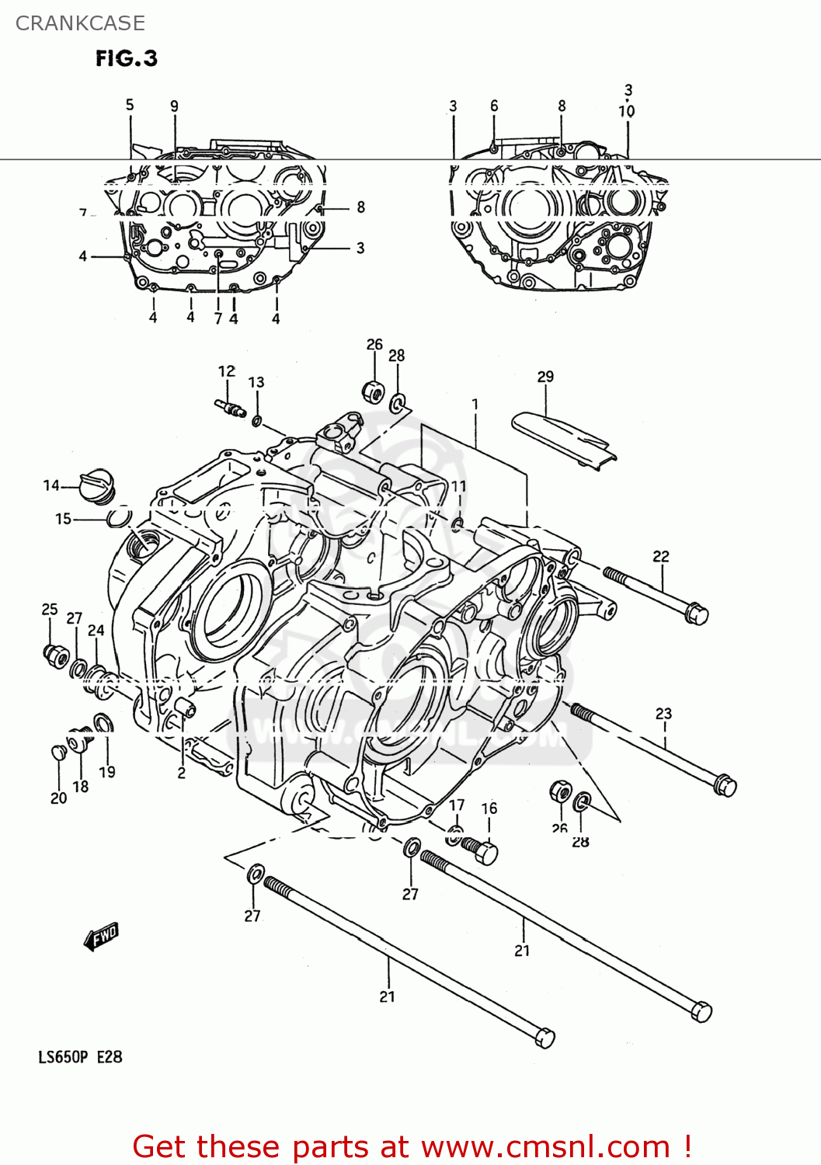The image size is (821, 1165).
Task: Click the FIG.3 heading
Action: click(x=127, y=59)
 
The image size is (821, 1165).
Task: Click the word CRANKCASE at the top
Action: click(x=80, y=23)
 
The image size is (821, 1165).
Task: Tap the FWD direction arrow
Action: click(x=101, y=937)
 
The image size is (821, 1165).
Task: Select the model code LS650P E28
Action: click(x=80, y=1057)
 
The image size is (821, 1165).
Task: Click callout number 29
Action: click(x=545, y=377)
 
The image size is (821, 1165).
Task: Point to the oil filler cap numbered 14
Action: click(x=98, y=485)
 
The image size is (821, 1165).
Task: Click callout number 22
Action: click(x=660, y=556)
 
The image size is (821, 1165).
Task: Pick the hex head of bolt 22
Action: click(x=696, y=614)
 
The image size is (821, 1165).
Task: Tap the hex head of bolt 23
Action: click(x=725, y=786)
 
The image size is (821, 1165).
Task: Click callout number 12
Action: click(x=226, y=371)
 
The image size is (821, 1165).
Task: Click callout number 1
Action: click(x=475, y=405)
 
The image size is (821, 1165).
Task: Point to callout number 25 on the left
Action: click(x=50, y=610)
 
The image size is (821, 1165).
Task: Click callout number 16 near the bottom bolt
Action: click(x=489, y=809)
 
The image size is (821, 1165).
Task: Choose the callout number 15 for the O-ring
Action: click(x=63, y=519)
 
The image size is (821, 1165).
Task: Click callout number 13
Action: click(x=256, y=382)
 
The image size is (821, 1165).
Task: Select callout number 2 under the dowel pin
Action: click(x=181, y=773)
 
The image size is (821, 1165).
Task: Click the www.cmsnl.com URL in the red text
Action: click(x=544, y=1146)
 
